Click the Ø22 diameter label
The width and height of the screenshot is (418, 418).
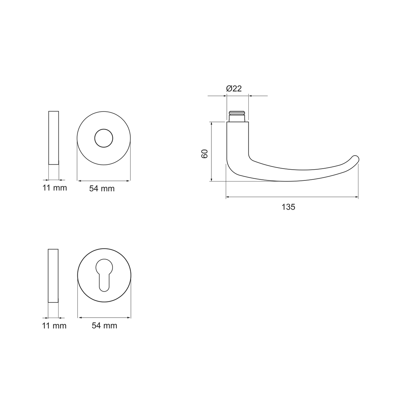point(234,88)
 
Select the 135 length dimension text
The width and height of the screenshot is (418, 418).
point(288,207)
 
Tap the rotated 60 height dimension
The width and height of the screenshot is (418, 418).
point(205,154)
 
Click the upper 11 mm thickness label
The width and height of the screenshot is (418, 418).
point(55,188)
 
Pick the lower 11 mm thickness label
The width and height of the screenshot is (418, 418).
point(54,326)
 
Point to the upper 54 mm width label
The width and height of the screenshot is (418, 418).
point(102,189)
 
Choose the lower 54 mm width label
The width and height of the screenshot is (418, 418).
point(104,326)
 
